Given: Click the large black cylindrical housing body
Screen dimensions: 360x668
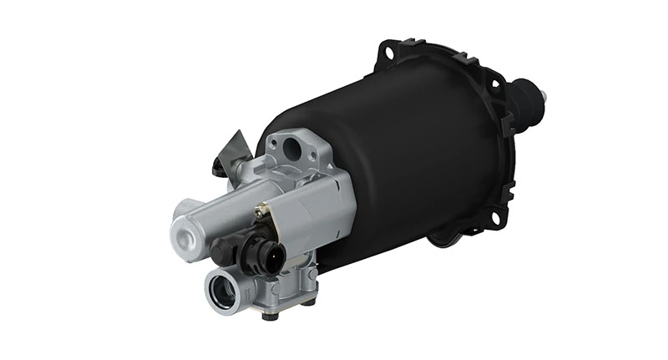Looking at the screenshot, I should click(401, 159).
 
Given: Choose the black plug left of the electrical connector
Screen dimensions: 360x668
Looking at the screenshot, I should click(221, 250).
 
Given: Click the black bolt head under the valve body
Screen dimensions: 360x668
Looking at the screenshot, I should click(269, 314).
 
